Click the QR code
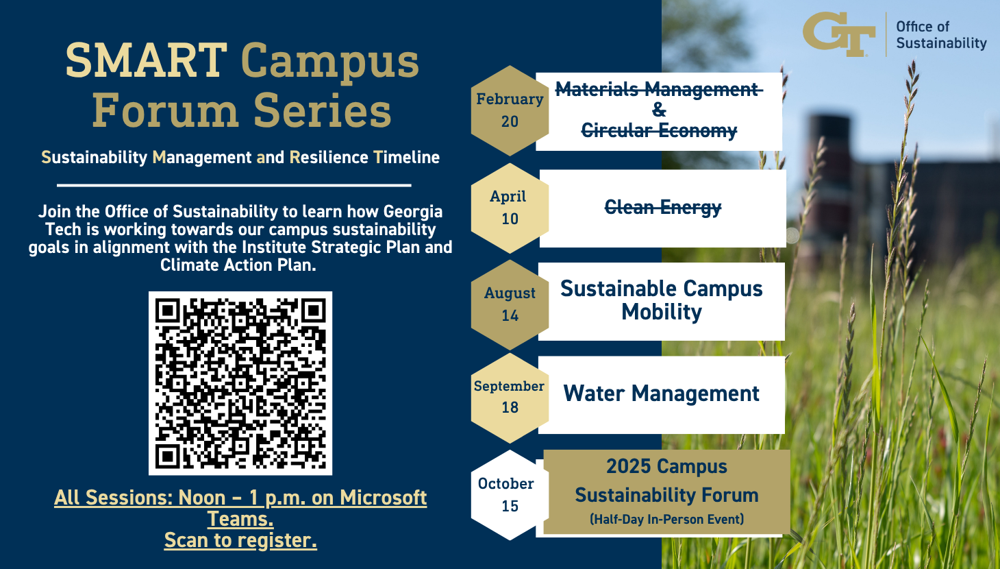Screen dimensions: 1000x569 tap(240, 383)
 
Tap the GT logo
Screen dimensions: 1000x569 tap(839, 34)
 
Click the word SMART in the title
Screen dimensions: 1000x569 tap(147, 60)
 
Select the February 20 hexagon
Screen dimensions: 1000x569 tap(510, 110)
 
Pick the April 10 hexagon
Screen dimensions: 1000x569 tap(510, 208)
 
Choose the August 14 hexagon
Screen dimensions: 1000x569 tap(510, 304)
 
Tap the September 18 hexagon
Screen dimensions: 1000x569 tap(510, 398)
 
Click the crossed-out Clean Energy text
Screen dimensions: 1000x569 tap(663, 208)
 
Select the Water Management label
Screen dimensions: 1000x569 tap(661, 394)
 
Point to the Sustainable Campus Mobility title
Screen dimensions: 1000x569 tap(662, 300)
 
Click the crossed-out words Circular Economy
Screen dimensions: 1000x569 tap(659, 130)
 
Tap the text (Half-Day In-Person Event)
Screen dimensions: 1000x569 tap(667, 520)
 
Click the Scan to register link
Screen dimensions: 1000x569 tap(240, 540)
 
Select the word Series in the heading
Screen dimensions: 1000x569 tap(323, 110)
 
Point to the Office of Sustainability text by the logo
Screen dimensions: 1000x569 tap(941, 35)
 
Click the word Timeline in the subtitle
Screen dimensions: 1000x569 tap(406, 158)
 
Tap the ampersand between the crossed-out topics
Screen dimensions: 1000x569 tap(659, 110)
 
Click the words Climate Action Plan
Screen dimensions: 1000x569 tap(238, 265)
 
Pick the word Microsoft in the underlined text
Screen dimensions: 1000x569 tap(383, 498)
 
